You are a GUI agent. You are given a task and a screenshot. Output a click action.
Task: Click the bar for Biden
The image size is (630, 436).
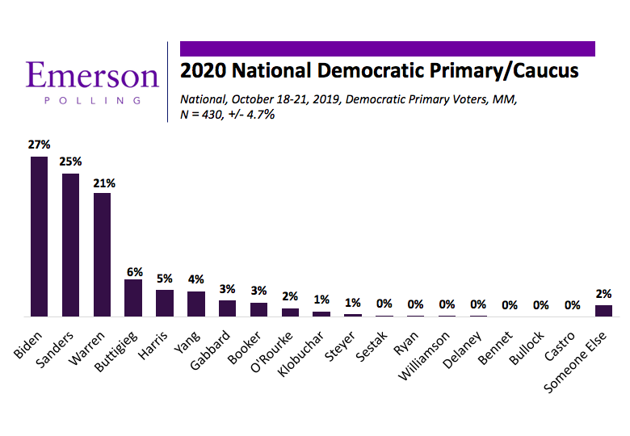(x=39, y=236)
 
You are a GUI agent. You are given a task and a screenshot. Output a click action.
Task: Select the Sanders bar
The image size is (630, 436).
(x=70, y=244)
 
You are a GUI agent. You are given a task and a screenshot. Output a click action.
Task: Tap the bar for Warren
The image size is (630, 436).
(x=102, y=254)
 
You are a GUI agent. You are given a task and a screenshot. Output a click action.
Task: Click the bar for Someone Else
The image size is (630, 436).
(x=603, y=310)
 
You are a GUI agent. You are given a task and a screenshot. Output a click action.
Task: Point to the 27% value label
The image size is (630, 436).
(x=40, y=145)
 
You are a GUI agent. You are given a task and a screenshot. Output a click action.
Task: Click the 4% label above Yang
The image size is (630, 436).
(x=196, y=280)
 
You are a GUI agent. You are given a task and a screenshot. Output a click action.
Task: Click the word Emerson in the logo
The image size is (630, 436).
(x=91, y=76)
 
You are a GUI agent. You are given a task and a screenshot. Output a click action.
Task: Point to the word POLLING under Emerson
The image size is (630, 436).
(x=91, y=102)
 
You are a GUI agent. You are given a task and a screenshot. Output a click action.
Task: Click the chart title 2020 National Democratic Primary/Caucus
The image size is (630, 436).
(x=380, y=71)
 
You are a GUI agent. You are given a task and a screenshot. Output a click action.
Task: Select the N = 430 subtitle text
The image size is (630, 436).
(x=228, y=115)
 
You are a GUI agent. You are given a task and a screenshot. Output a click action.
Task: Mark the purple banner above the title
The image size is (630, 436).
(x=387, y=48)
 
